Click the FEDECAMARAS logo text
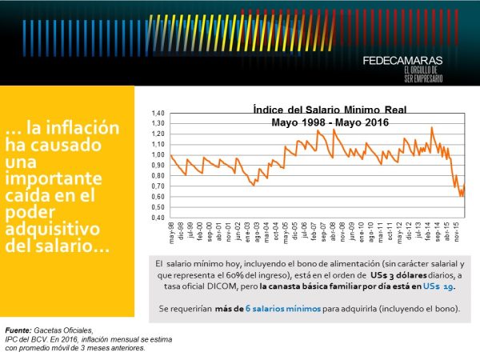tap(402, 60)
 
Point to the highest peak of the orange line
tap(432, 127)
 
